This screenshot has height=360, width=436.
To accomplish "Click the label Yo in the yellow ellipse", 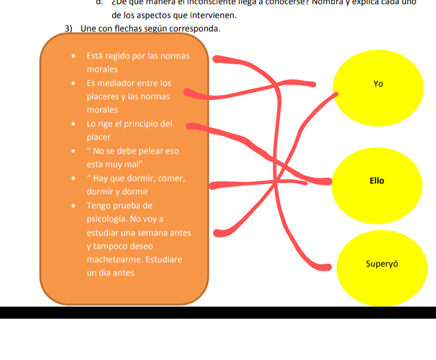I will pyautogui.click(x=378, y=84).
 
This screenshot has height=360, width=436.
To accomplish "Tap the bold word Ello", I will pyautogui.click(x=377, y=181).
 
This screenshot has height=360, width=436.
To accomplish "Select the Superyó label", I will pyautogui.click(x=381, y=264).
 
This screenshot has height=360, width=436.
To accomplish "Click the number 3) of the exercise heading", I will pyautogui.click(x=69, y=28).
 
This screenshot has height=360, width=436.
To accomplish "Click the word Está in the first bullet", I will pyautogui.click(x=95, y=56).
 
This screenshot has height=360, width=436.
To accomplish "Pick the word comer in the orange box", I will pyautogui.click(x=172, y=178).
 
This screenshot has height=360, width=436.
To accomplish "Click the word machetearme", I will pyautogui.click(x=114, y=259).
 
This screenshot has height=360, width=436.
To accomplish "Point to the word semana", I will pyautogui.click(x=153, y=232).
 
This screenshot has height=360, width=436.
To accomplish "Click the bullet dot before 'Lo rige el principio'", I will pyautogui.click(x=73, y=124).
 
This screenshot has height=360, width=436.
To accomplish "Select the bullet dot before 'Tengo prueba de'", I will pyautogui.click(x=73, y=206).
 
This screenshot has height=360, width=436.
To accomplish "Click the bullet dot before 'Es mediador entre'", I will pyautogui.click(x=73, y=84).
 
